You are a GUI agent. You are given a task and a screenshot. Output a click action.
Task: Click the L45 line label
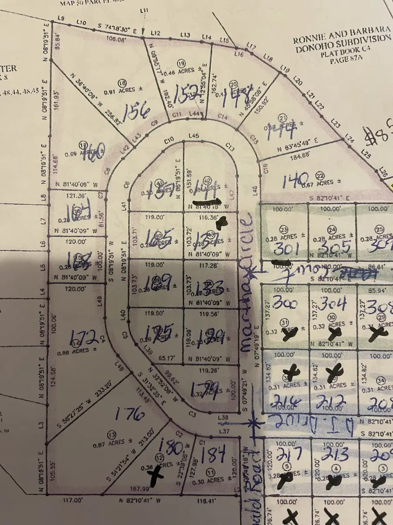[193, 136]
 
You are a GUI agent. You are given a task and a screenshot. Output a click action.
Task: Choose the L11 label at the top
[145, 10]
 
